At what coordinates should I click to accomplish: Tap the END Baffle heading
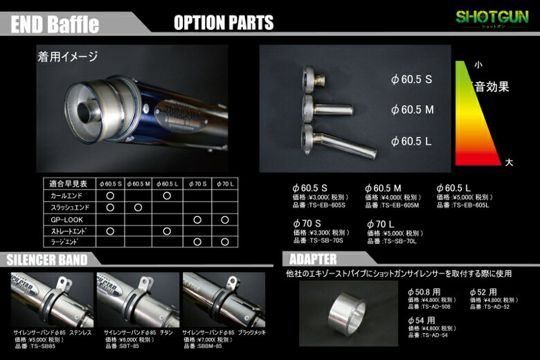(55, 25)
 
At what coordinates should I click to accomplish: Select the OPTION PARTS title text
(224, 23)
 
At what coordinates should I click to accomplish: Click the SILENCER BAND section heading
(47, 260)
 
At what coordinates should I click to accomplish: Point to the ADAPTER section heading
(311, 259)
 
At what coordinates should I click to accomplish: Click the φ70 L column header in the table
(225, 184)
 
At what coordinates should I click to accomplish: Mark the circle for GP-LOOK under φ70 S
(197, 219)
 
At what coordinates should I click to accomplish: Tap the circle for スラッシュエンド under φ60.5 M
(138, 208)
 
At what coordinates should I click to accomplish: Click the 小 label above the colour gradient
(478, 64)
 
